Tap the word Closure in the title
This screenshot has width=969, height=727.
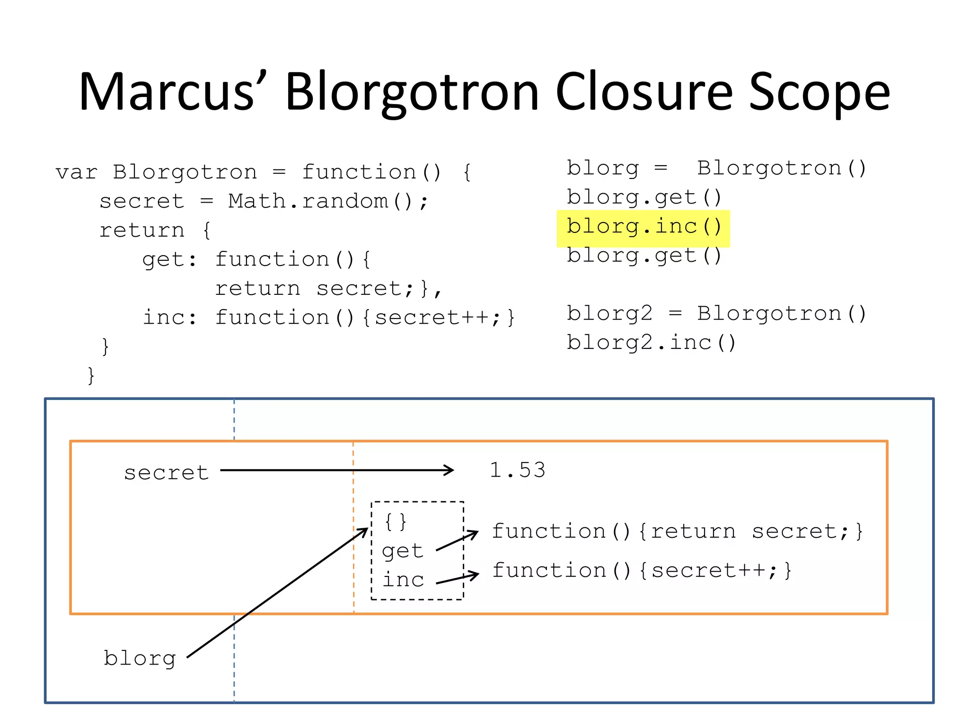pyautogui.click(x=644, y=92)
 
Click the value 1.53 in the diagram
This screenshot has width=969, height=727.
pyautogui.click(x=517, y=470)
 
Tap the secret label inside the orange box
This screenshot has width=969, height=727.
pyautogui.click(x=166, y=473)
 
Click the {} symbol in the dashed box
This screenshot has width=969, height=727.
pyautogui.click(x=396, y=522)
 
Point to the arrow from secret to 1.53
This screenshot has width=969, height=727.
pyautogui.click(x=336, y=470)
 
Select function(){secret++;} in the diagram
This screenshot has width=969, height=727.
pyautogui.click(x=642, y=571)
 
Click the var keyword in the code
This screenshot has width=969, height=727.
pyautogui.click(x=76, y=173)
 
